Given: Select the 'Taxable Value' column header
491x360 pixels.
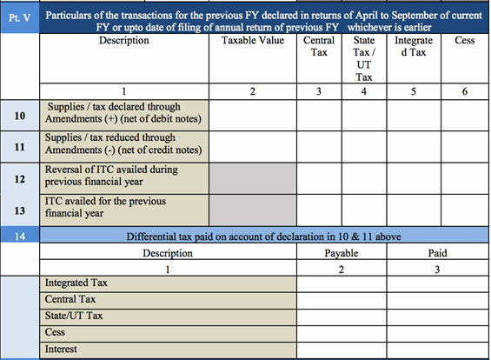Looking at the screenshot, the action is tap(253, 41).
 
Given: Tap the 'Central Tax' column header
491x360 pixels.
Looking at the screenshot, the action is tap(319, 47).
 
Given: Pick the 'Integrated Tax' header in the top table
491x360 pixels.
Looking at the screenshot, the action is tap(414, 47).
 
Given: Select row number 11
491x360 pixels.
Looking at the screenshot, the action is tap(19, 145).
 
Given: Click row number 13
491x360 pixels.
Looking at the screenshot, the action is tap(19, 210).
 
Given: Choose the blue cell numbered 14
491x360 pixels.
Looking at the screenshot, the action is tap(19, 235).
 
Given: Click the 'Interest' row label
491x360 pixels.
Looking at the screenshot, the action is tap(60, 349).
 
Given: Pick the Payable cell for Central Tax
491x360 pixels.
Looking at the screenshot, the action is tap(342, 299).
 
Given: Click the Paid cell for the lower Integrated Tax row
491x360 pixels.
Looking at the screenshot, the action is tap(436, 283).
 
